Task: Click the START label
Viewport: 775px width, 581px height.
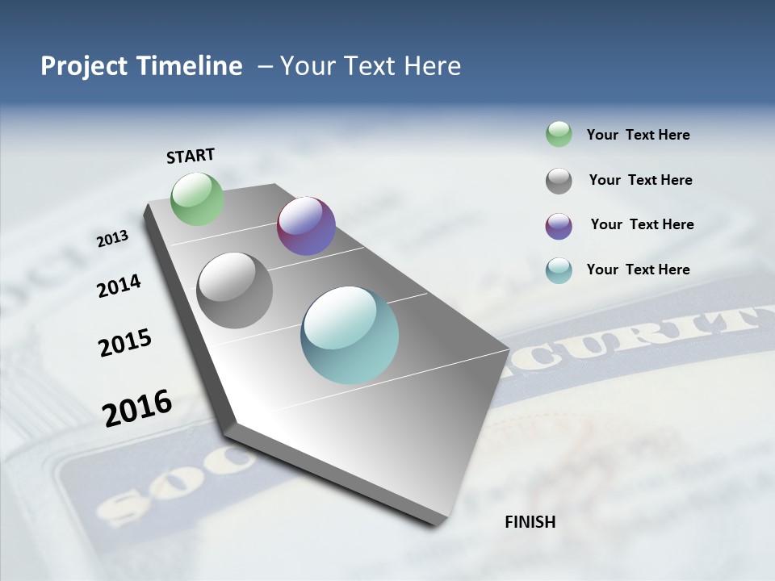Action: coord(191,156)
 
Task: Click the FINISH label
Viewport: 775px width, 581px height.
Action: coord(530,522)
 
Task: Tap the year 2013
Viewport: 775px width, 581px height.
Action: coord(112,239)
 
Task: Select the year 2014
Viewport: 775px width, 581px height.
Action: coord(119,286)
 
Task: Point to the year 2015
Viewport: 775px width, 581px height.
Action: coord(125,342)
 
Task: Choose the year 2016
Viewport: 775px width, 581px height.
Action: coord(137,408)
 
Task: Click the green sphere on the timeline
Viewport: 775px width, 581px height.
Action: coord(198,199)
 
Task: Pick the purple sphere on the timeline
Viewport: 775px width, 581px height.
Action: coord(306,226)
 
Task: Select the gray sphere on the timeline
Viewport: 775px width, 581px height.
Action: coord(235,290)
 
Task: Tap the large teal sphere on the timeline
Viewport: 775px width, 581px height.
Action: coord(350,335)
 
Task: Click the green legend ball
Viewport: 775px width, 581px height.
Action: coord(559,134)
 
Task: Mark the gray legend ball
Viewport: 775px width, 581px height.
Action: coord(559,181)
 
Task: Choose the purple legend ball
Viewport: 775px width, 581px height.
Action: coord(559,226)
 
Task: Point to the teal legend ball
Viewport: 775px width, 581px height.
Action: coord(559,270)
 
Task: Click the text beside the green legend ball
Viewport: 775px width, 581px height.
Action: coord(638,135)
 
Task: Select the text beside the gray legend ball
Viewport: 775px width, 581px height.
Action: coord(640,180)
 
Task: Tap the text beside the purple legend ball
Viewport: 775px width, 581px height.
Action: coord(642,224)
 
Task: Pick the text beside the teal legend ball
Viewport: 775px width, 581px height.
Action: coord(638,270)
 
